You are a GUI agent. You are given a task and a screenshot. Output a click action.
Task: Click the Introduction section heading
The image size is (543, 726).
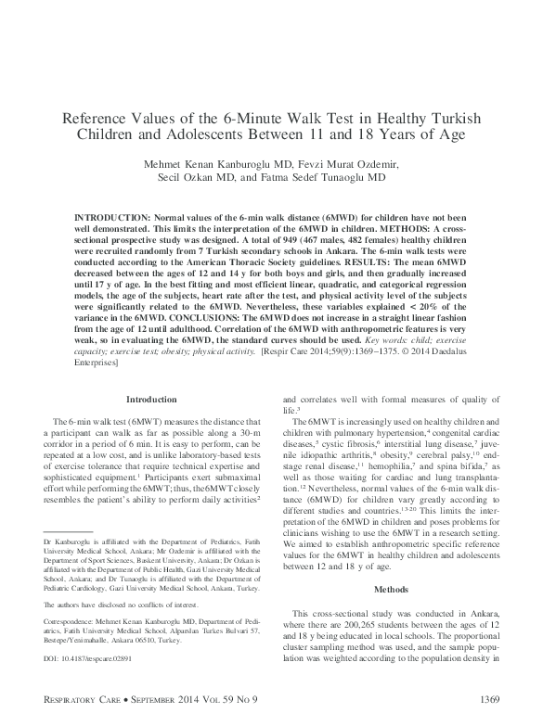[150, 399]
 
